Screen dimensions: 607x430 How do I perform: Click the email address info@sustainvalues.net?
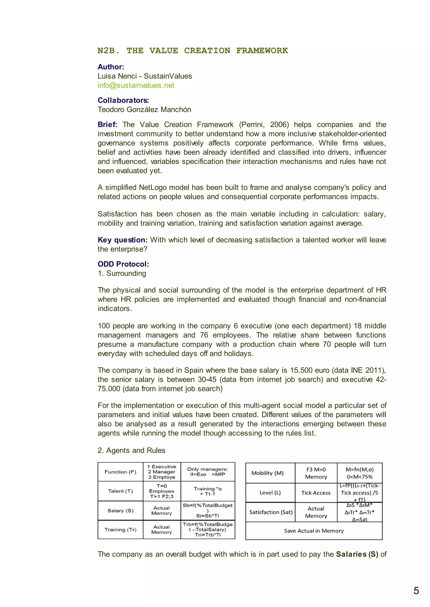136,85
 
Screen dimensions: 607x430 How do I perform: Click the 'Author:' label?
111,67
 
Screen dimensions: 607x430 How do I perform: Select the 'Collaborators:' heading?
123,100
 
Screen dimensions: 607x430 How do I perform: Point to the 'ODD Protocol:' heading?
123,264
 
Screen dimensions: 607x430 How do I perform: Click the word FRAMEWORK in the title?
262,51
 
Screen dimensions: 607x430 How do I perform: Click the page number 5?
416,591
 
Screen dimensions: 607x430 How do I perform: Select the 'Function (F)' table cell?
121,472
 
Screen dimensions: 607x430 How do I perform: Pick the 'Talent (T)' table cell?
121,491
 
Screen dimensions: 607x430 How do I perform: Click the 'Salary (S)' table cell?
121,511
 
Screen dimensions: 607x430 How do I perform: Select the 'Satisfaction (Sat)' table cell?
271,512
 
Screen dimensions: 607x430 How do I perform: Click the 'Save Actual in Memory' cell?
314,531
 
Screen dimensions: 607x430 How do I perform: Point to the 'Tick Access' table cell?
316,493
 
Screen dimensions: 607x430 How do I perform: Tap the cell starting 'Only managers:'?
208,472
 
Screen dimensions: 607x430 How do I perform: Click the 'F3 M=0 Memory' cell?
316,473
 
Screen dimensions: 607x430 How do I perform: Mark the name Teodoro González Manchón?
144,110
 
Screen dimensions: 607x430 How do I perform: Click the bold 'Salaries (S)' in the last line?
357,554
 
